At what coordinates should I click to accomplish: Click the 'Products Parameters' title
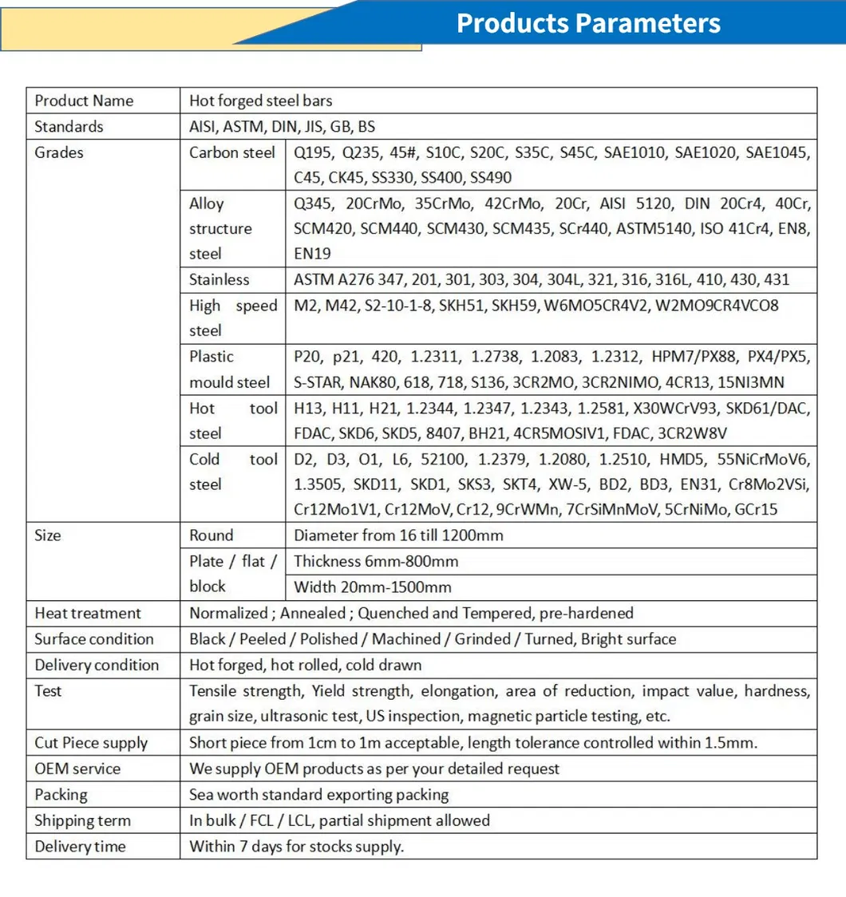[588, 23]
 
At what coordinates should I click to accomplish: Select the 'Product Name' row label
[84, 101]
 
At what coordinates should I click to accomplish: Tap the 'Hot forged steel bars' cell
[261, 101]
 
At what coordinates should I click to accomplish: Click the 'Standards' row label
[69, 126]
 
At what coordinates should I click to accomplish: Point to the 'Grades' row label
[59, 152]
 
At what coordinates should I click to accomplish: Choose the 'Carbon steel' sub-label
[232, 152]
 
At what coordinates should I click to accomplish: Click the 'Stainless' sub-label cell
[219, 279]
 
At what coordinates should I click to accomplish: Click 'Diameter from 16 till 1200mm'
[399, 535]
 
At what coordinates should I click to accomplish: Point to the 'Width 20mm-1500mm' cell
[373, 587]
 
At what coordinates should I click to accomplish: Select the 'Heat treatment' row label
[88, 613]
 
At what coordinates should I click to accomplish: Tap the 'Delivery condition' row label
[97, 665]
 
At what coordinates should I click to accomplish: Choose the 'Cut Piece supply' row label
[91, 743]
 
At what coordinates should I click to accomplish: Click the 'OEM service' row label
[78, 769]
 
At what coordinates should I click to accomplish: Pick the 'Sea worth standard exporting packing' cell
[319, 795]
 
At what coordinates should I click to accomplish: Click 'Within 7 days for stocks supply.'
[297, 847]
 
